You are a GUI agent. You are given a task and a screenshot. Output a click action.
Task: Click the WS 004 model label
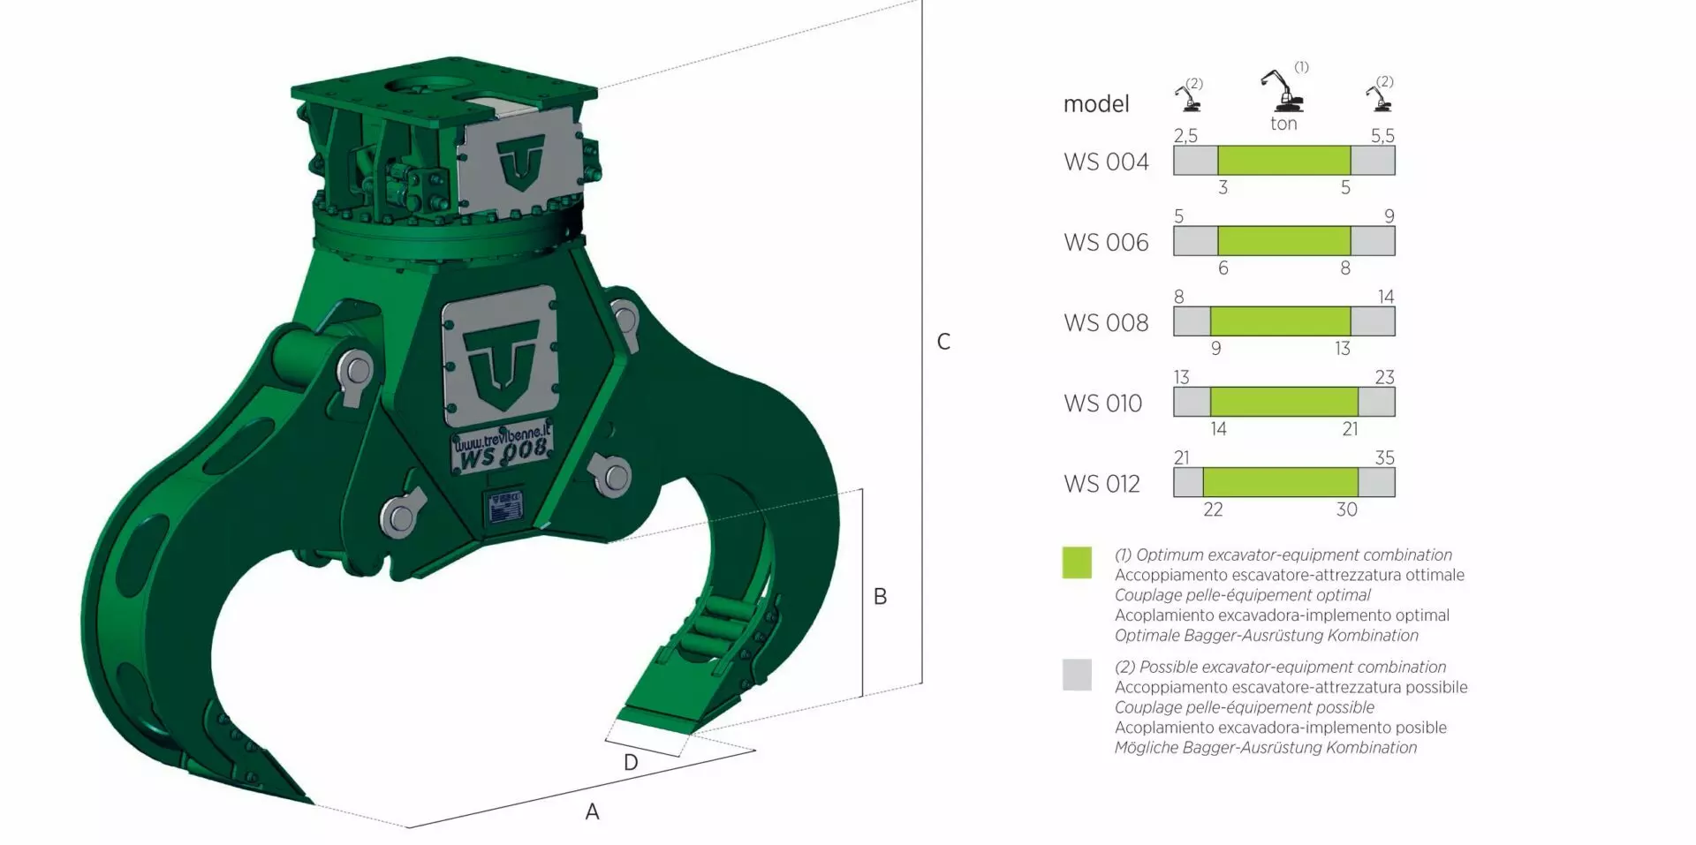(1106, 162)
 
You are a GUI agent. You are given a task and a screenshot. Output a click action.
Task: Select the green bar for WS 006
(1283, 241)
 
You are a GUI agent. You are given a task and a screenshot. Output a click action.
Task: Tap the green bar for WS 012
(1280, 482)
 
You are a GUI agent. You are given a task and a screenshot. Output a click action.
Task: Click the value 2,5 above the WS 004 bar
(1185, 135)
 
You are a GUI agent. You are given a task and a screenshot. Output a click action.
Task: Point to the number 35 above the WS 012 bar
(1384, 457)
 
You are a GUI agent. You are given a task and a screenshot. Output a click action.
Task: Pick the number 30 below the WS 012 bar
(1346, 509)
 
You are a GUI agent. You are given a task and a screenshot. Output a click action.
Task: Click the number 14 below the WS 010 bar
(1218, 429)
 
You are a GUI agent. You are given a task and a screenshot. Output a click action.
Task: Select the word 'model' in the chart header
(1096, 104)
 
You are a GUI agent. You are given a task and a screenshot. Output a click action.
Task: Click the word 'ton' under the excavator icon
(1283, 124)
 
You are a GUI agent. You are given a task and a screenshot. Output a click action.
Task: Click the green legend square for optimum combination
(1077, 562)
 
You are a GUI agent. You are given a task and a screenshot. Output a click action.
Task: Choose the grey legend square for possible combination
(1077, 675)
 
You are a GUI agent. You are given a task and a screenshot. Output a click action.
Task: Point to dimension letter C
(943, 342)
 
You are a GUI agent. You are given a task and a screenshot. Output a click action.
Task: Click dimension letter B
(880, 597)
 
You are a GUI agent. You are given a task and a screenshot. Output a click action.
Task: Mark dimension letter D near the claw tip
(631, 762)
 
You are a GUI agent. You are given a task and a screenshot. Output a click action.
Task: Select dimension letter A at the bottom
(592, 811)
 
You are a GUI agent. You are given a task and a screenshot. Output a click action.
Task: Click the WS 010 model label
(1102, 404)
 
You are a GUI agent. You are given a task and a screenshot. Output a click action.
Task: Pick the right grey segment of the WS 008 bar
(1373, 321)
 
